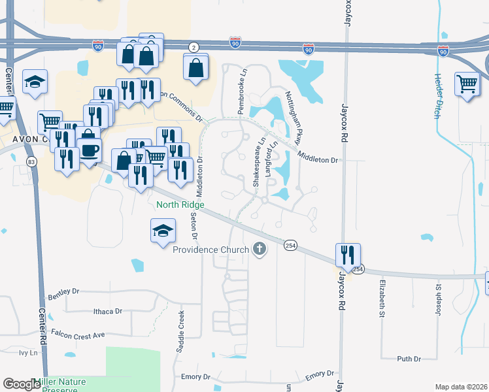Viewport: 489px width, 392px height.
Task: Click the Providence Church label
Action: [211, 250]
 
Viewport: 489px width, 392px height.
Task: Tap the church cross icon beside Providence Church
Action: [260, 249]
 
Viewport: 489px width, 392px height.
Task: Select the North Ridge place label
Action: [180, 204]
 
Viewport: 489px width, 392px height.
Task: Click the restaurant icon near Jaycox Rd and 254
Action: [348, 254]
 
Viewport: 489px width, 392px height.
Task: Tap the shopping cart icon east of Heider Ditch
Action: [467, 84]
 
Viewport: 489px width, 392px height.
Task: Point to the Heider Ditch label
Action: [437, 95]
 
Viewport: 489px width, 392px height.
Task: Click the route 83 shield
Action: [31, 161]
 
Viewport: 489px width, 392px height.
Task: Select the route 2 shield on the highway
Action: [194, 47]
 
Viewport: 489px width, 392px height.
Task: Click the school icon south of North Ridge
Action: [163, 231]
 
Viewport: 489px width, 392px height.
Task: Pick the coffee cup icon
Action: [90, 150]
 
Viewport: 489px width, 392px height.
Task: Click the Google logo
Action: [22, 384]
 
